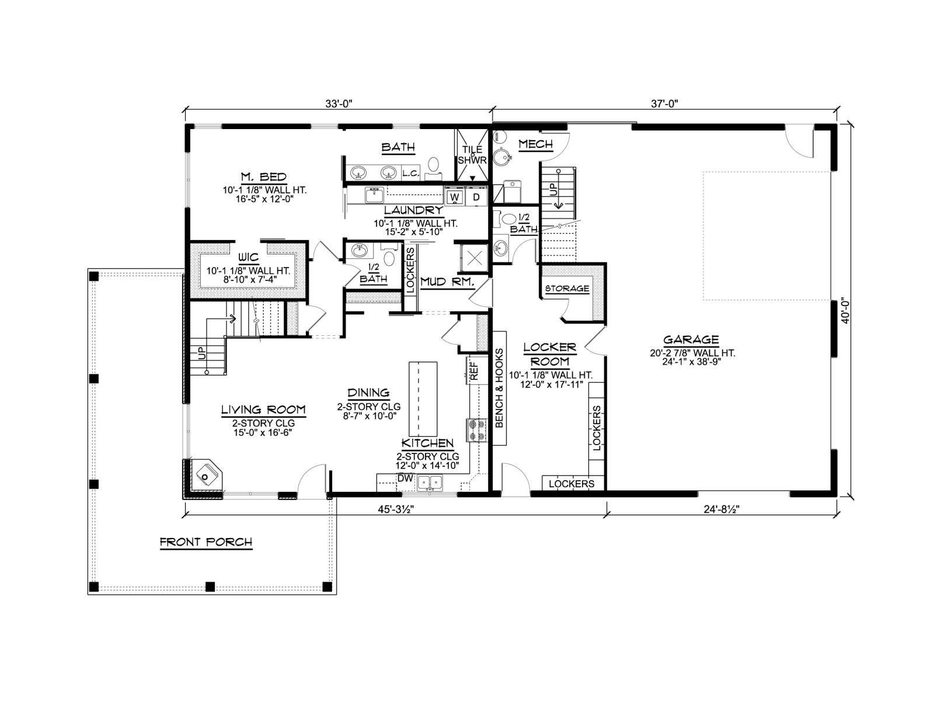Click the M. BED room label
[x=263, y=176]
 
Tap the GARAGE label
[x=691, y=339]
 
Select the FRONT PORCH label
[x=206, y=542]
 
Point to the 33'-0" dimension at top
[x=339, y=103]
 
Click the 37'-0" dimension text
[x=664, y=103]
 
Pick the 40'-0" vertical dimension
[x=845, y=313]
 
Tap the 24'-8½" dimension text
[x=722, y=509]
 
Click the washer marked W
[x=455, y=197]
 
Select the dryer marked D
[x=476, y=197]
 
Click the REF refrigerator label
[x=474, y=371]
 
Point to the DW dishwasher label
[x=405, y=478]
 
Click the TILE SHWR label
[x=472, y=155]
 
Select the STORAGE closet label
[x=567, y=288]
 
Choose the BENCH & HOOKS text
[x=500, y=388]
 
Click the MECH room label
[x=536, y=144]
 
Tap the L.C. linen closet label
[x=411, y=173]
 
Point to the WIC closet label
[x=249, y=257]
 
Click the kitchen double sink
[x=430, y=483]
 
